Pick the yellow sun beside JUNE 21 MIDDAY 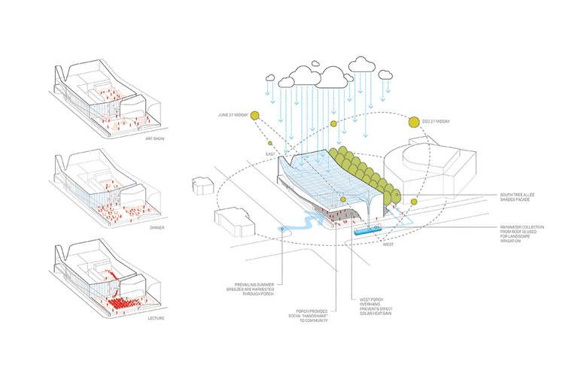tap(255, 115)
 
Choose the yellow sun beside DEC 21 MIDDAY tap(414, 121)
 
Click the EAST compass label tap(269, 153)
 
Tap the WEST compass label tap(388, 244)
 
